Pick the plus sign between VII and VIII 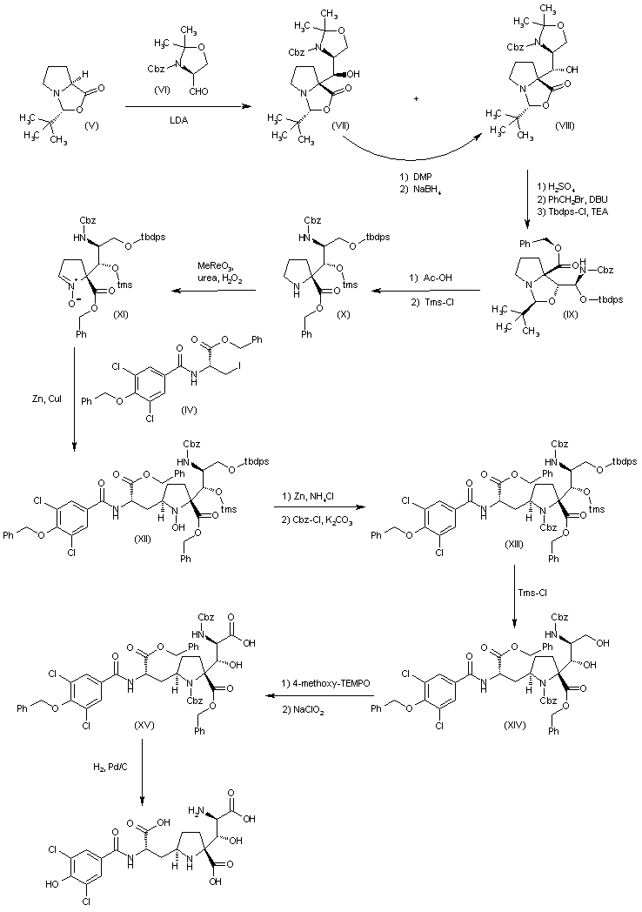[417, 76]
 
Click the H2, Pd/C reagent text [106, 766]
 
